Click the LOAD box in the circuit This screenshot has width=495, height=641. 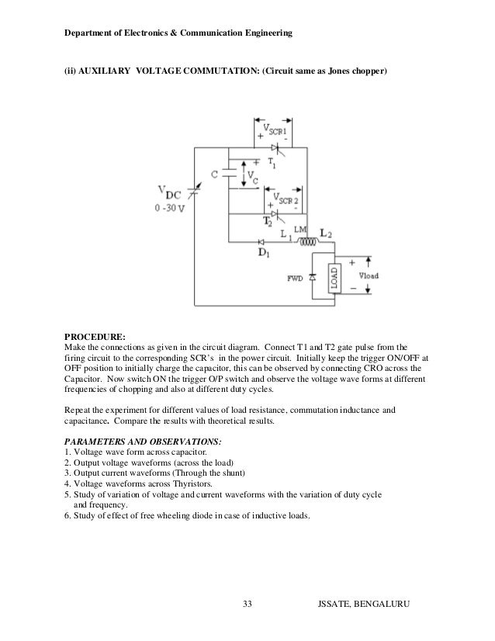(x=334, y=279)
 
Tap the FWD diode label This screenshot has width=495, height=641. (x=295, y=279)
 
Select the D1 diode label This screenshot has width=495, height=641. (x=264, y=252)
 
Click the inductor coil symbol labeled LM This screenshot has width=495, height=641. (x=308, y=241)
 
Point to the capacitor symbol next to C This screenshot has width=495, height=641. (x=230, y=172)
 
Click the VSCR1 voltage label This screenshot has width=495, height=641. (x=275, y=130)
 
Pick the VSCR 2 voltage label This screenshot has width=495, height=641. (x=286, y=199)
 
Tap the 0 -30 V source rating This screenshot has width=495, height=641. (x=169, y=208)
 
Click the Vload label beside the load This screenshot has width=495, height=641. (x=369, y=275)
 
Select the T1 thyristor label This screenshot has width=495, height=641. (x=272, y=163)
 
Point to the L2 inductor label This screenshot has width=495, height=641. (x=326, y=234)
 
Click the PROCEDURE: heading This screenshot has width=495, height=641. (x=95, y=337)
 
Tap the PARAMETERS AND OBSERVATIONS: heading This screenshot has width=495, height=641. (x=143, y=442)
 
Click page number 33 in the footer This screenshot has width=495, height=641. (x=247, y=604)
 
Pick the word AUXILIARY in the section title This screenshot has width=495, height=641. (x=104, y=71)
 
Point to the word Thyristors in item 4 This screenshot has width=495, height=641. (x=192, y=483)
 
